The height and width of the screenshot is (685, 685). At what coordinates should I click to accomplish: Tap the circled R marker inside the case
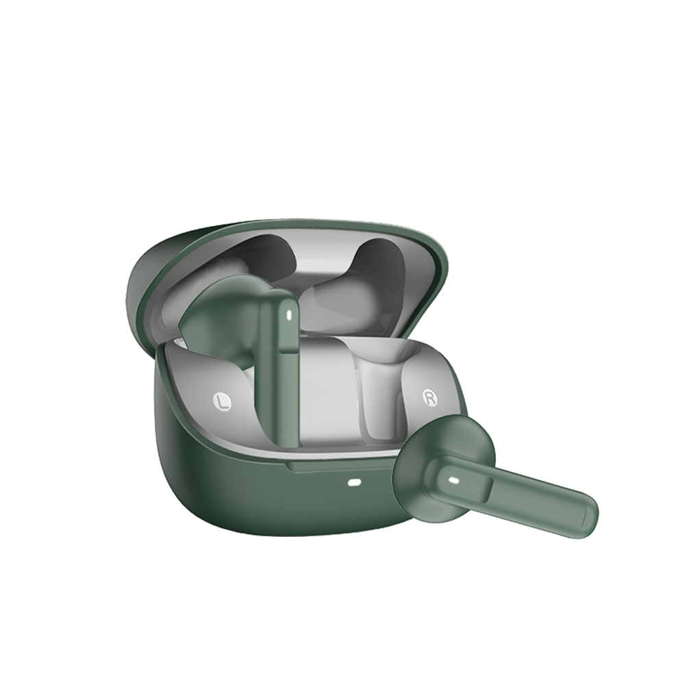point(431,397)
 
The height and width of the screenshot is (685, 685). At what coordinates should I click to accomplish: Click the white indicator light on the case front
point(354,483)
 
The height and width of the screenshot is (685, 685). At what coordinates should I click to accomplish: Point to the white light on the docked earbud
point(288,314)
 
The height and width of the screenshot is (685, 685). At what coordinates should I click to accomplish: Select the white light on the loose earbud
point(453,481)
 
